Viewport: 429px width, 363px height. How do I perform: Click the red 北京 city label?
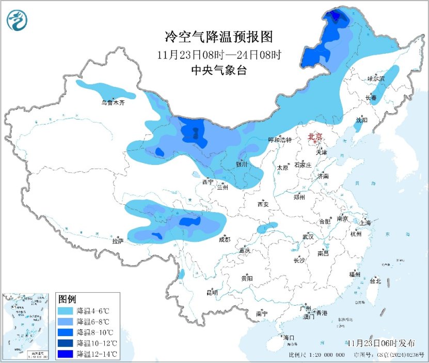(314, 137)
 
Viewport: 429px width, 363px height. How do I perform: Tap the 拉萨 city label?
(118, 241)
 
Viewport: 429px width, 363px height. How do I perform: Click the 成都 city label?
(224, 239)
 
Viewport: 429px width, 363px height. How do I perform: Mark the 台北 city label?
(375, 281)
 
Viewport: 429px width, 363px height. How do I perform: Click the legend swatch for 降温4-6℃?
(67, 311)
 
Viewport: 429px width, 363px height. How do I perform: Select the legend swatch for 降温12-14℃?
(67, 354)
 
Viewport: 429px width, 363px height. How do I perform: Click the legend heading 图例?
(67, 299)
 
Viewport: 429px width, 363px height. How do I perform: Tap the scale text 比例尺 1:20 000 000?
(316, 355)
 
